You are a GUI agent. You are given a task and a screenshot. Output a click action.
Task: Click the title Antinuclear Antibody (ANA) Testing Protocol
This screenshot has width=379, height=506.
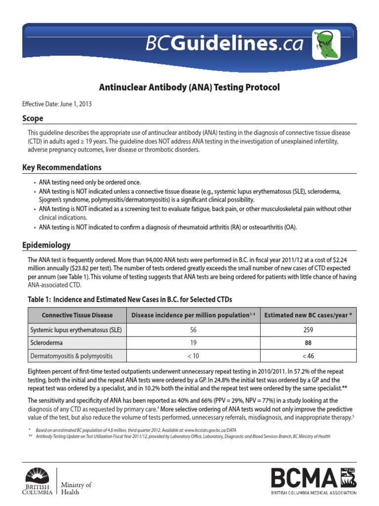(189, 87)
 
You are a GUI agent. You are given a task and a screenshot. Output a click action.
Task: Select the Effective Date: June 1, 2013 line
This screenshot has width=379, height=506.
(57, 104)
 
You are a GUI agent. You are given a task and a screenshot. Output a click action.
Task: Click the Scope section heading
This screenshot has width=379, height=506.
(33, 119)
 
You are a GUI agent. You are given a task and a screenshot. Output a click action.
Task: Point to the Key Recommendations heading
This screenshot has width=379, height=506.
(62, 168)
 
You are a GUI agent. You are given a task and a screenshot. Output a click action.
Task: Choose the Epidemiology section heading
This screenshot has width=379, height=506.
(46, 245)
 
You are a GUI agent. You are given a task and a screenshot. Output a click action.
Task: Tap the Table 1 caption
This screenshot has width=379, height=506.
(130, 299)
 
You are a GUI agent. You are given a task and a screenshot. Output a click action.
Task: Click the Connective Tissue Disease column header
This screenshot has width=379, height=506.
(77, 315)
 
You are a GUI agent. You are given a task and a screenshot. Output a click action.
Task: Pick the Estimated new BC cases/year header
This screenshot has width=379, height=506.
(308, 315)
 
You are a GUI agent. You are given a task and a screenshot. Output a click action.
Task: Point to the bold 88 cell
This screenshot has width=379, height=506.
(308, 342)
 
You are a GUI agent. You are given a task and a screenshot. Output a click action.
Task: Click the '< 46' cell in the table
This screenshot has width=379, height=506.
(308, 355)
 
